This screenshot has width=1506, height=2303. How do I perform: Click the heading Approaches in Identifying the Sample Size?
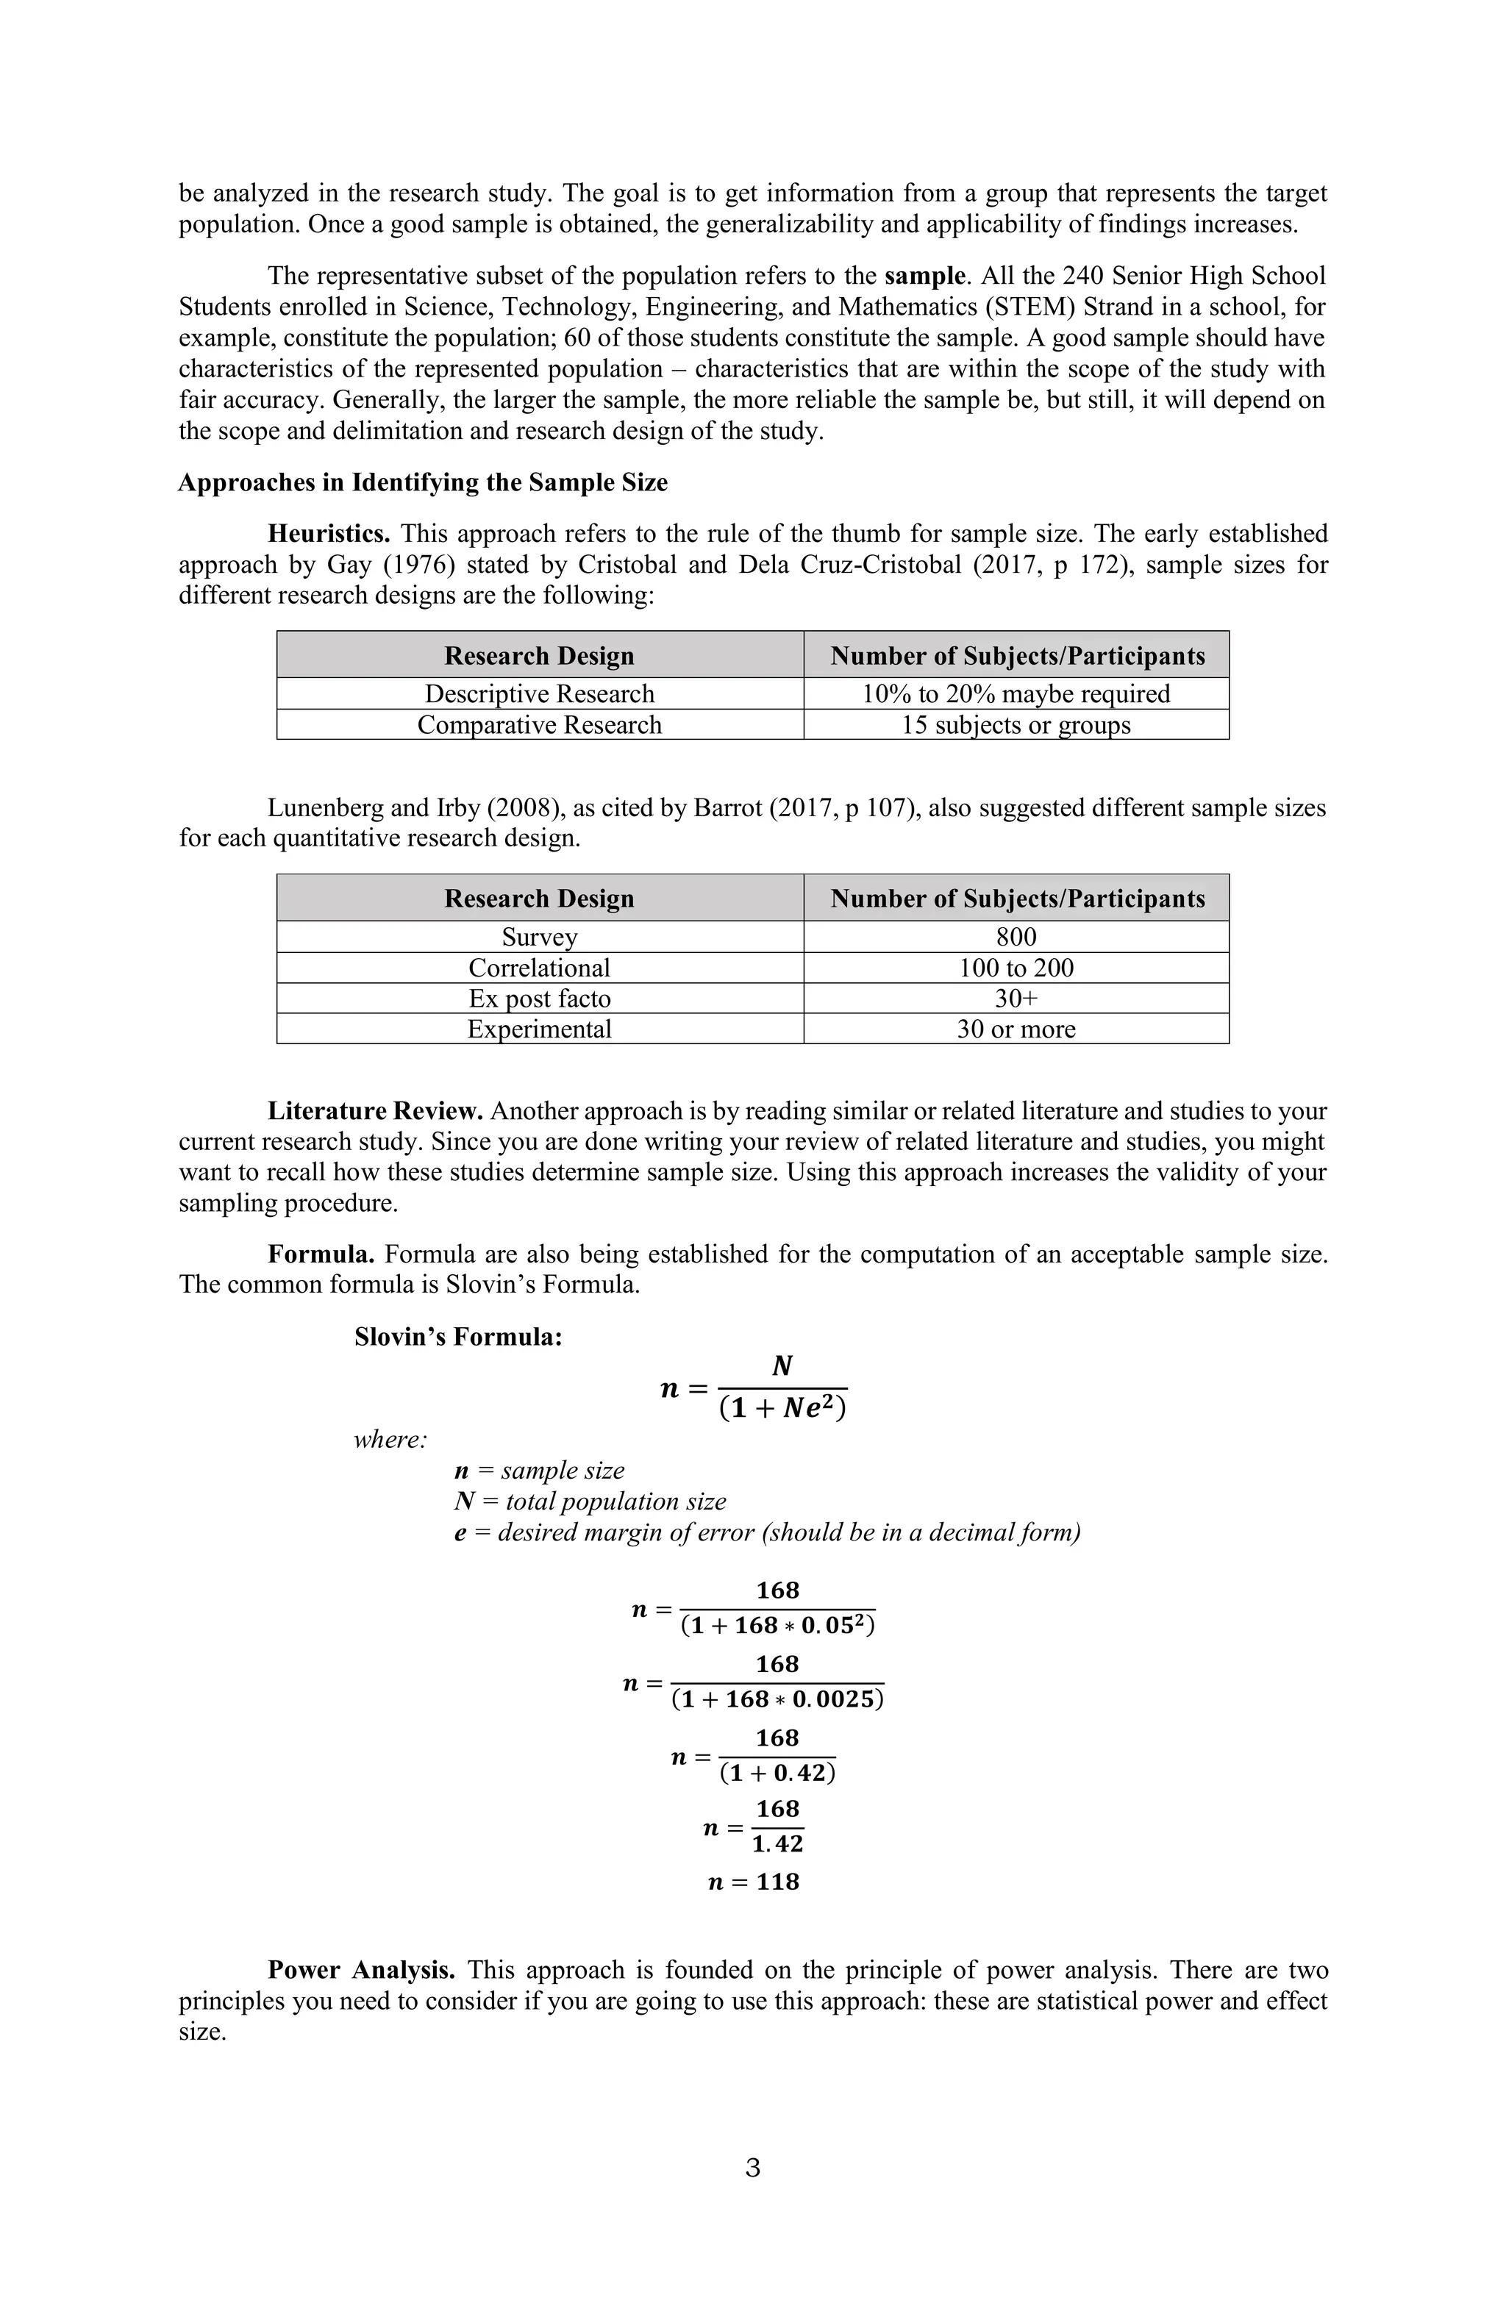423,482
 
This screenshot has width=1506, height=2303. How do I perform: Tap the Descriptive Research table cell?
539,694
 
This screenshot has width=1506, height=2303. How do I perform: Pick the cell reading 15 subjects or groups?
1016,725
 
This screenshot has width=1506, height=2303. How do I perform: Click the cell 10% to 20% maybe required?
1016,694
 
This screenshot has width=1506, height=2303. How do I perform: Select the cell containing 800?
1016,937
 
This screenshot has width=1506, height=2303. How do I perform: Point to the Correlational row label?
539,968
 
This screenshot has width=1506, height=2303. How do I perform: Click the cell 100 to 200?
1016,968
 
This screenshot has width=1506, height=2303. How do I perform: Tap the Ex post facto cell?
539,999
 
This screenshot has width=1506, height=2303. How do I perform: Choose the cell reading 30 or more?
1016,1029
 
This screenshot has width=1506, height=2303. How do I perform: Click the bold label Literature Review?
374,1111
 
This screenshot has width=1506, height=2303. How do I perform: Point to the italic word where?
390,1440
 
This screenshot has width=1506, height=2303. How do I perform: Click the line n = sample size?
539,1471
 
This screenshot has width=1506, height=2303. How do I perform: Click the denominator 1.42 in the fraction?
777,1844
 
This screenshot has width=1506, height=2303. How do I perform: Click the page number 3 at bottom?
753,2168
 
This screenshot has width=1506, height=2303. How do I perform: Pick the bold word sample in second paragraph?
924,276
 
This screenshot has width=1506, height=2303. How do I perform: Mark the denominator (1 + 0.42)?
777,1773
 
